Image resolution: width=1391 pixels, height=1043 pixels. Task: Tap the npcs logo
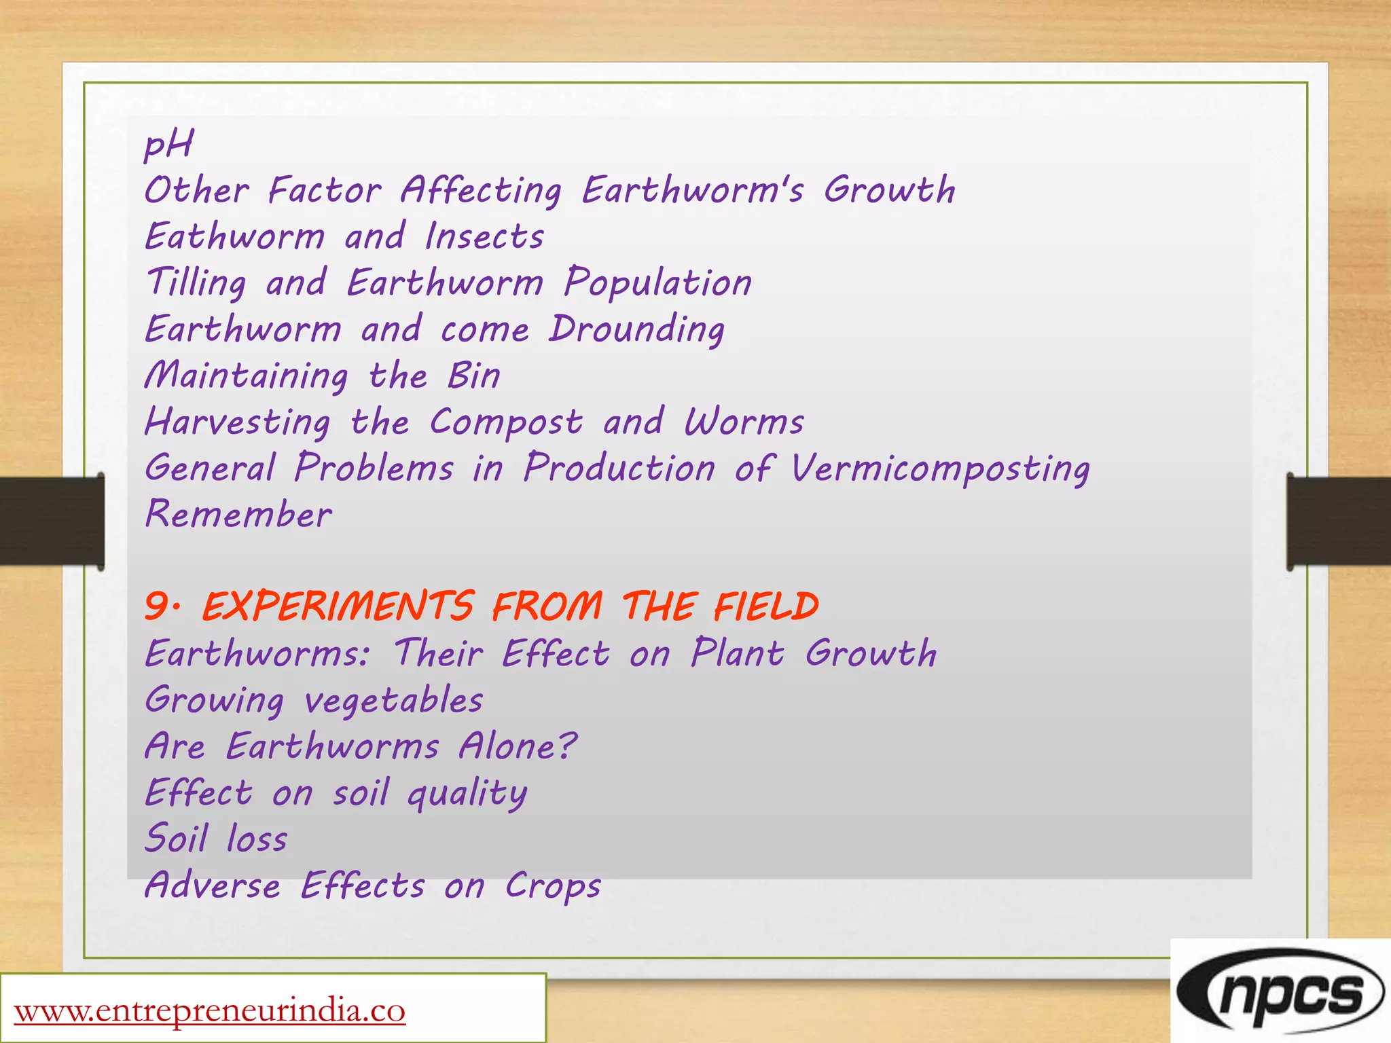pos(1280,993)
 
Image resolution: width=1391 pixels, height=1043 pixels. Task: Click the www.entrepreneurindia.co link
pos(210,1010)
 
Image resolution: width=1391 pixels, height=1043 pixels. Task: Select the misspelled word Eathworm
pos(235,236)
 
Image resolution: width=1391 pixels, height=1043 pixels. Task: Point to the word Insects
pos(484,236)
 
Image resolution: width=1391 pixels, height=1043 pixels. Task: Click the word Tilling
pos(196,282)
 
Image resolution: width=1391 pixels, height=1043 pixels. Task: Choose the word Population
pos(657,282)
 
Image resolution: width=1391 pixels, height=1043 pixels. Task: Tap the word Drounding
pos(636,330)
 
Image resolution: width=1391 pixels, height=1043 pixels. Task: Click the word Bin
pos(473,376)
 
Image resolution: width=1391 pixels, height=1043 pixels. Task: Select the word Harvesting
pos(238,422)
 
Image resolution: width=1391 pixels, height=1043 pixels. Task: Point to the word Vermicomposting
pos(940,469)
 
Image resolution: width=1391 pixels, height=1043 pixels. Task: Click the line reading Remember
pos(238,514)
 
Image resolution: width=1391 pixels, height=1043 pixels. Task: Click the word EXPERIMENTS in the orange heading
pos(338,606)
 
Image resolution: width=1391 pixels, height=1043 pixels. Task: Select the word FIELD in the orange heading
pos(765,606)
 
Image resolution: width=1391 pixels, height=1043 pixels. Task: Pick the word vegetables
pos(393,700)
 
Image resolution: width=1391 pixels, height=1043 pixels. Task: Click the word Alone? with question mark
pos(518,746)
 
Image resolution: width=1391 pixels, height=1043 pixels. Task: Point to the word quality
pos(467,794)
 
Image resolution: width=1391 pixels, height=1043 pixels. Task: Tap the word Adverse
pos(213,885)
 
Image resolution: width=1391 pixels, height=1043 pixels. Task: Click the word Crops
pos(553,887)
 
